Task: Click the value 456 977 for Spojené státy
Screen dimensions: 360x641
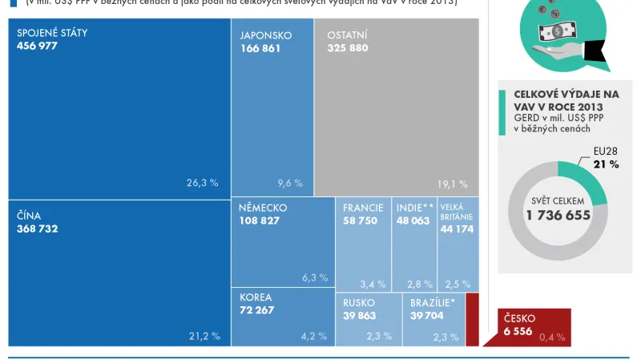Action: coord(38,46)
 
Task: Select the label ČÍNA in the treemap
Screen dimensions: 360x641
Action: coord(29,216)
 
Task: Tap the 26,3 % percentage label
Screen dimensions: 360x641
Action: coord(202,183)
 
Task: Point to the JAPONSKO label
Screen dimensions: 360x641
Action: coord(266,36)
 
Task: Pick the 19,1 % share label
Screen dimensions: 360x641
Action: coord(453,184)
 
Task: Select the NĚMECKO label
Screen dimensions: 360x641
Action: coord(263,208)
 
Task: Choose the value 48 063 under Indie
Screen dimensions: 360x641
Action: coord(413,220)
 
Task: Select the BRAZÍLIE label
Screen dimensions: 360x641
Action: coord(433,303)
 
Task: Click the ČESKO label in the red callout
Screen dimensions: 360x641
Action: coord(519,318)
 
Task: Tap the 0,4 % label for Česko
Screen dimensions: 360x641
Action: coord(551,338)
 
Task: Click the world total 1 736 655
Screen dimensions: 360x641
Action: coord(558,215)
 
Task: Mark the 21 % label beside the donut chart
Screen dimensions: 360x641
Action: coord(606,164)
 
